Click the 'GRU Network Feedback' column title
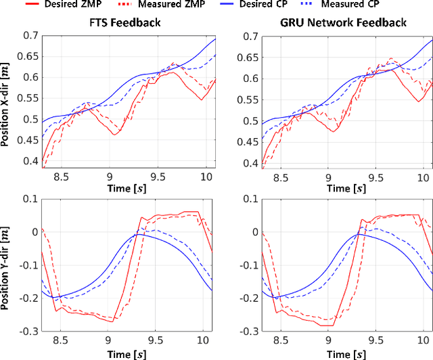[x=344, y=23]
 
